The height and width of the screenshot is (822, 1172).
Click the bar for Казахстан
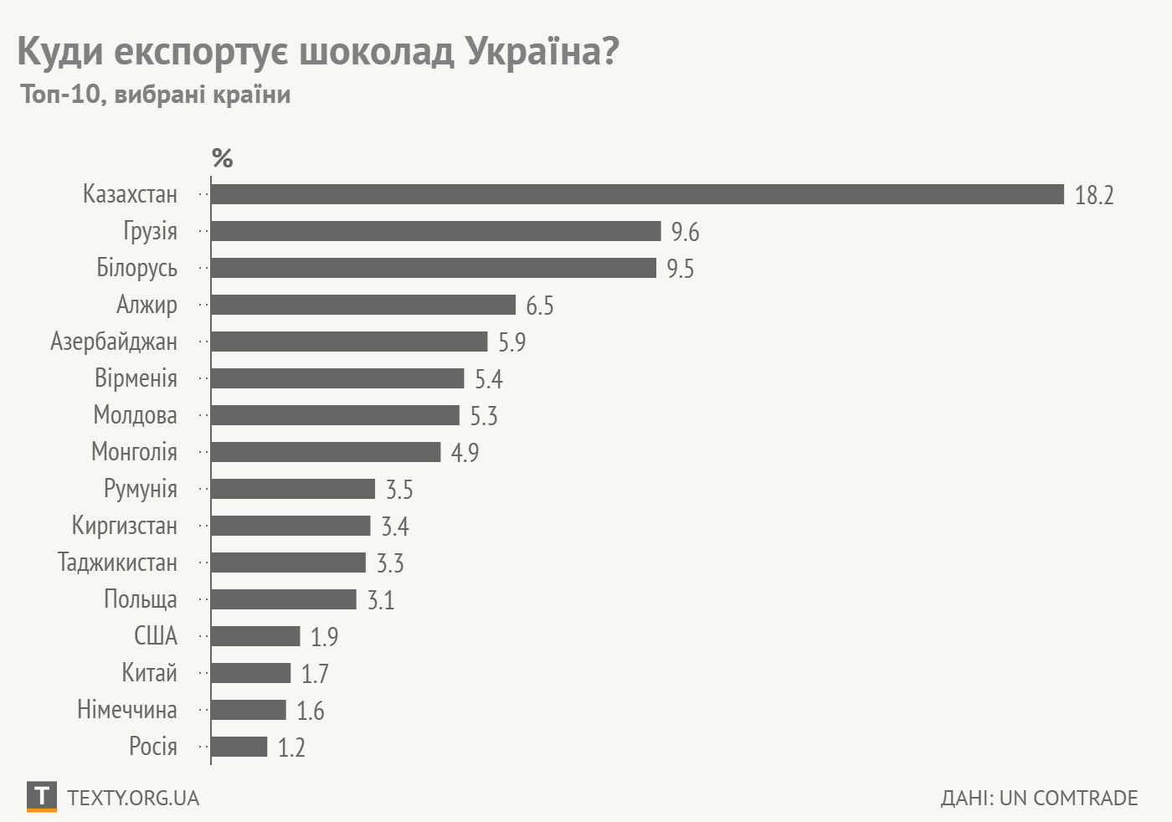click(636, 194)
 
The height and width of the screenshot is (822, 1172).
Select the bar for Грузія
click(435, 231)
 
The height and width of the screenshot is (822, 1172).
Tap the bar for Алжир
click(362, 305)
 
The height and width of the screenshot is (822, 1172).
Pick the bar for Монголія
click(325, 452)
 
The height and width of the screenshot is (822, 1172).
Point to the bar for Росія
click(239, 747)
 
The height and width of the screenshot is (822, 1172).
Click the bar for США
click(255, 636)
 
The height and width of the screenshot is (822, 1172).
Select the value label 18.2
click(1093, 195)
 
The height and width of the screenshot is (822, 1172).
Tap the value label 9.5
click(680, 269)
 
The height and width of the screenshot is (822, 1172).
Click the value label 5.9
click(511, 342)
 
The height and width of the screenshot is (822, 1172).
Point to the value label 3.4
click(394, 527)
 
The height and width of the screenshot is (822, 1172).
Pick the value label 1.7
click(315, 674)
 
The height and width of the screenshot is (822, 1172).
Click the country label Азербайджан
click(114, 342)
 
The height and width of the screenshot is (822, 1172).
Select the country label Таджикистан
click(117, 563)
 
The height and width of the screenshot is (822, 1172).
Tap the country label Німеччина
click(126, 710)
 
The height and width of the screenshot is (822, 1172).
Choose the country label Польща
click(140, 599)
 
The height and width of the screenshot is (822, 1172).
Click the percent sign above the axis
click(222, 157)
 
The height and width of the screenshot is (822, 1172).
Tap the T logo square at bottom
click(42, 796)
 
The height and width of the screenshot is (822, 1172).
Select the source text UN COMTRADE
click(1068, 798)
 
